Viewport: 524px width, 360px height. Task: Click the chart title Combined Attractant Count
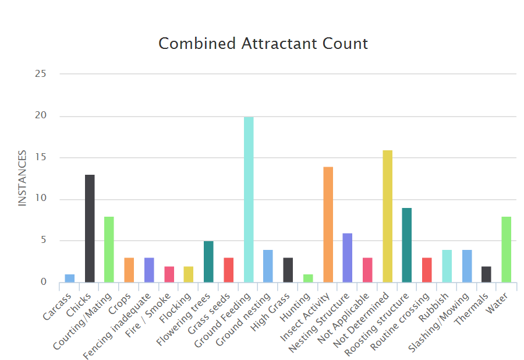pos(263,44)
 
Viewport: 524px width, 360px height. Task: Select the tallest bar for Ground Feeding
pos(249,199)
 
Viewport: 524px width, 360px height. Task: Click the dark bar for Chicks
pos(90,228)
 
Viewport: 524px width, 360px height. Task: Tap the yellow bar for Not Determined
pos(387,216)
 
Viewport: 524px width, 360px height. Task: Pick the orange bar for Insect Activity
pos(328,224)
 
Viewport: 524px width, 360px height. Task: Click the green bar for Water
pos(506,249)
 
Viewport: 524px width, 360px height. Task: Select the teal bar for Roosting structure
pos(407,245)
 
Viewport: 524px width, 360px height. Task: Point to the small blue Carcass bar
pos(70,278)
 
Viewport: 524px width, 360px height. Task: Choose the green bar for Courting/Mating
pos(109,249)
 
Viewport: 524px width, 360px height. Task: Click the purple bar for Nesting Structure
pos(348,257)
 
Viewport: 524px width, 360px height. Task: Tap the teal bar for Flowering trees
pos(208,262)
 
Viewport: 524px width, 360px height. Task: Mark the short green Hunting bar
pos(308,278)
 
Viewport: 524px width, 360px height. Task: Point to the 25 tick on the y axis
pos(40,74)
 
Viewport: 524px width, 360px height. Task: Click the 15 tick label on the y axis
pos(40,157)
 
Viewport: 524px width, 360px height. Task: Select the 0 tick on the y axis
pos(43,283)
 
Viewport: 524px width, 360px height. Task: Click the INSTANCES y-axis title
pos(23,178)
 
